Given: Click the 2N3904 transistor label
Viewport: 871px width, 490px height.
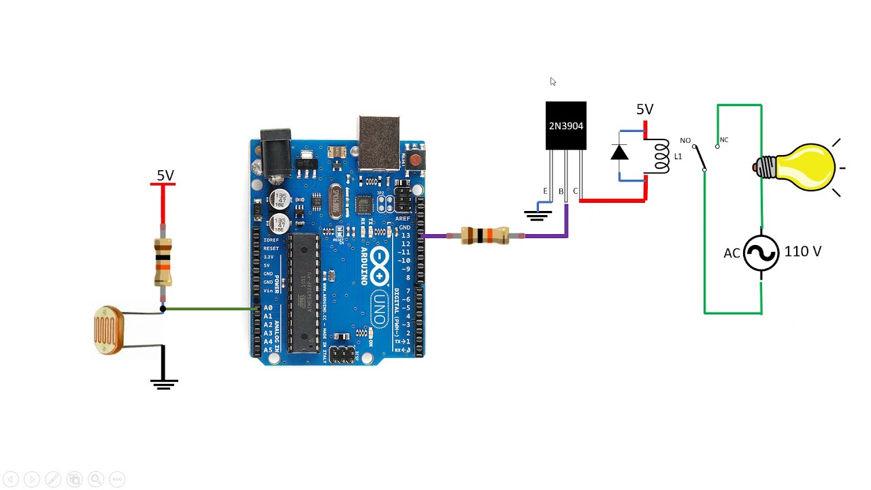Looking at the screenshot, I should [565, 126].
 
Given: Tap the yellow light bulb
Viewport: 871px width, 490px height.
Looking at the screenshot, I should [803, 167].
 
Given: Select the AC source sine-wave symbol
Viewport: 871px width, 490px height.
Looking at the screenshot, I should [761, 254].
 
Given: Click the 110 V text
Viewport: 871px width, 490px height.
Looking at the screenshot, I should [802, 252].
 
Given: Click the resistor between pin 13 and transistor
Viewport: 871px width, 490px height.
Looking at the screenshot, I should [484, 235].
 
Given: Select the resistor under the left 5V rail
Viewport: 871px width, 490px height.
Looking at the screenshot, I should [163, 262].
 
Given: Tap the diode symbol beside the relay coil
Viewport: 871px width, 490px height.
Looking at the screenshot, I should [619, 153].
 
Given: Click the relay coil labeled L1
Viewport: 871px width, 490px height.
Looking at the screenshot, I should [661, 156].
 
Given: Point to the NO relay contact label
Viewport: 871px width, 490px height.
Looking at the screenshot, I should [685, 141].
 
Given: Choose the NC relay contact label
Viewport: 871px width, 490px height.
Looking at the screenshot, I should [724, 140].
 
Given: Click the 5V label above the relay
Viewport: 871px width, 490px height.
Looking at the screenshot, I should [644, 110].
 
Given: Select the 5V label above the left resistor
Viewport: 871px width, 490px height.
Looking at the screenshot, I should [165, 176].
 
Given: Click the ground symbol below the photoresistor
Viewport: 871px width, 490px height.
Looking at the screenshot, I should [163, 383].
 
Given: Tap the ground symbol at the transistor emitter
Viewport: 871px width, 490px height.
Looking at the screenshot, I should [538, 216].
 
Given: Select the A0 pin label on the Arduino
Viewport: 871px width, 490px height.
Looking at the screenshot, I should [267, 308].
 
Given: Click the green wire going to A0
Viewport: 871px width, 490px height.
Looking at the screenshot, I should [208, 309].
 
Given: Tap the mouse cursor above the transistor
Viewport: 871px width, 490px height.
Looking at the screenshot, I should [553, 82].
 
